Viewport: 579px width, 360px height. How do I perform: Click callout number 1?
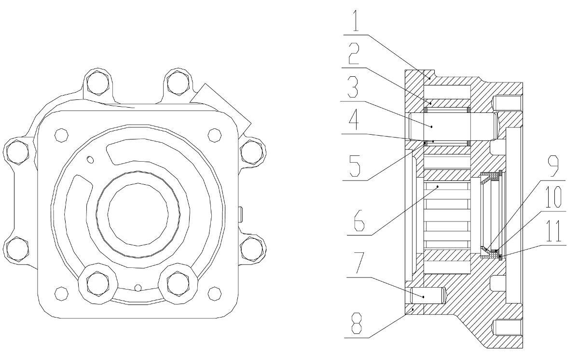(x=356, y=21)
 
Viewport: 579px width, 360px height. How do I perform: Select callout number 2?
(x=354, y=54)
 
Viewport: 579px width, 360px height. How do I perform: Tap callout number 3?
(x=353, y=87)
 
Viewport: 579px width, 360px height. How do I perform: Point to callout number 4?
(x=354, y=119)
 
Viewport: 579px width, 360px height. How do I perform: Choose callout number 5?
(x=355, y=166)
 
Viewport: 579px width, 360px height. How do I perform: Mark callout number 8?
(x=357, y=323)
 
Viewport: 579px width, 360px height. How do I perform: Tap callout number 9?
(x=553, y=166)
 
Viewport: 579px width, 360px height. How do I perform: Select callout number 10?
(x=553, y=197)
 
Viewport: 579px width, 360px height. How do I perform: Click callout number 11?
(x=553, y=231)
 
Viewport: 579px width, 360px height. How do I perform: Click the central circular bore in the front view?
(x=138, y=214)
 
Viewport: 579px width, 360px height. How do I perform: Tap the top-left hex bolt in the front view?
(x=97, y=83)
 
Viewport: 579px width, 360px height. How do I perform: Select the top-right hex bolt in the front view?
(x=178, y=83)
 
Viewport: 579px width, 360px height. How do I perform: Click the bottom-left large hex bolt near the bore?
(x=97, y=284)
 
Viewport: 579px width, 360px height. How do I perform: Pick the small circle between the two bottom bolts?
(x=138, y=288)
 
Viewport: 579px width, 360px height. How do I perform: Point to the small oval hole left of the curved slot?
(x=90, y=160)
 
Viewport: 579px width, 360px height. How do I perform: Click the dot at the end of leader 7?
(x=424, y=297)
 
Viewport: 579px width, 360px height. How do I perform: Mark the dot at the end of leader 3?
(x=431, y=126)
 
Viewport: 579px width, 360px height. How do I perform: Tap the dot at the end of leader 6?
(x=438, y=186)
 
